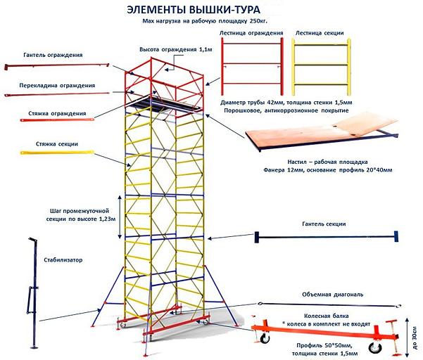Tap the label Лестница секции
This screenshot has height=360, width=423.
click(320, 33)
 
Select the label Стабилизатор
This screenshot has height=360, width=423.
click(63, 259)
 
